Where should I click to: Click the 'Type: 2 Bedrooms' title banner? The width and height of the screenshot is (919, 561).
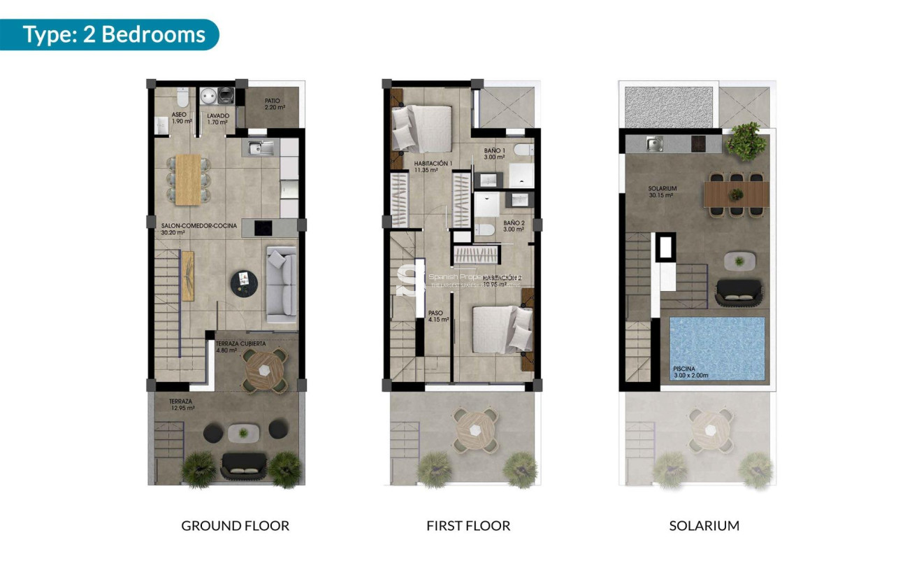[114, 34]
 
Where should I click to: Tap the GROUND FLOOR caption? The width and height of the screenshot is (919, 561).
[235, 525]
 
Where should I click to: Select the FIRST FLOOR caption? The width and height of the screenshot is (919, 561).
[468, 525]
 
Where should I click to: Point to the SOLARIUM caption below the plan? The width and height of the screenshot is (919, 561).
[704, 525]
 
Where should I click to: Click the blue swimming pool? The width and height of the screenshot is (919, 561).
[717, 348]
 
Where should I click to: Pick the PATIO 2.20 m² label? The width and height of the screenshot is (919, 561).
[273, 104]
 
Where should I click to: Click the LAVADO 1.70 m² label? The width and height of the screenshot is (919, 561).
[217, 118]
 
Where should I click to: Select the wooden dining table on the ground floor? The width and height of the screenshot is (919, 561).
[187, 180]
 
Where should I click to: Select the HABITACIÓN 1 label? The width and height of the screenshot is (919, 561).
[433, 166]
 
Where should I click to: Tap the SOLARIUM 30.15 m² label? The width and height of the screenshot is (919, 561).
[661, 192]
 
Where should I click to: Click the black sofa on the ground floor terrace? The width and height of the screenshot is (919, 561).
[243, 464]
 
